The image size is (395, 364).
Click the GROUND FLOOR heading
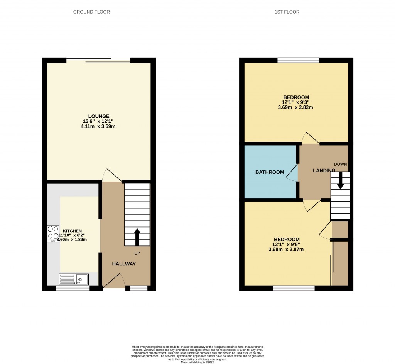tap(91, 12)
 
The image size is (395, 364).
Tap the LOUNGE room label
tap(99, 116)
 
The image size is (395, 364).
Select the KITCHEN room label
tap(72, 231)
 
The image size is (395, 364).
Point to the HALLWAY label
tap(124, 264)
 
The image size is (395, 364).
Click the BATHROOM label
tap(270, 172)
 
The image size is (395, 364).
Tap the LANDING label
tap(324, 170)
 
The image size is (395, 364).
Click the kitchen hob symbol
tap(53, 233)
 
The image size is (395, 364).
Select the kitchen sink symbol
tap(74, 279)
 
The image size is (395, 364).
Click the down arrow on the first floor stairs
tap(340, 180)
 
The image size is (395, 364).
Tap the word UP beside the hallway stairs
tap(137, 253)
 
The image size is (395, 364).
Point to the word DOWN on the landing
tap(340, 164)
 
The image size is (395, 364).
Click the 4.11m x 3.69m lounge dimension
tap(99, 126)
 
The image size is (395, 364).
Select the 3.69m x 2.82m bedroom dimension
tap(296, 107)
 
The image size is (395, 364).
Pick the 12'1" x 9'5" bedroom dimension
tap(286, 245)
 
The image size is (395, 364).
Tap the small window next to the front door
tap(139, 288)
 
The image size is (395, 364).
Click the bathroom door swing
tap(292, 172)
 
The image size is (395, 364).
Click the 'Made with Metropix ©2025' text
tap(197, 362)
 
